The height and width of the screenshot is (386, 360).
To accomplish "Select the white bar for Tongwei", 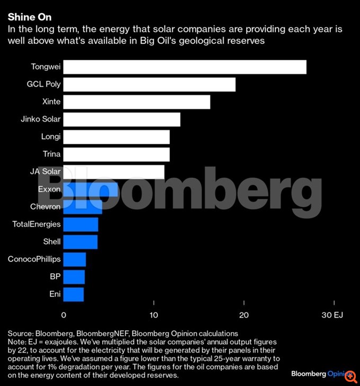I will (x=184, y=67).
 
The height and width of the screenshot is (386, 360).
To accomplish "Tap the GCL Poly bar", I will (x=149, y=85).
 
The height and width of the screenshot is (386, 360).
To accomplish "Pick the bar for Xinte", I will (x=137, y=102).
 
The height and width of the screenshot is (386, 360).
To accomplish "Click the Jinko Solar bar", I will (x=122, y=120).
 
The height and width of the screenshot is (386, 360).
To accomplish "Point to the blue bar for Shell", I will (x=80, y=242).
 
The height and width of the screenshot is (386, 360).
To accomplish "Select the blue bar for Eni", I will (x=73, y=294).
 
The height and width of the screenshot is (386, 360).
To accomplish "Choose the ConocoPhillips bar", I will (x=74, y=259).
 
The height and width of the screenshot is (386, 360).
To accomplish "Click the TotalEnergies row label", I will (x=37, y=224).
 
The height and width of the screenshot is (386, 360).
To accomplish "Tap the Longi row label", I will (x=51, y=137).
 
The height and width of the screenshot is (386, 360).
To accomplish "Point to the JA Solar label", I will (x=46, y=172).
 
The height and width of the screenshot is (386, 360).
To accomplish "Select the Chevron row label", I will (x=46, y=207).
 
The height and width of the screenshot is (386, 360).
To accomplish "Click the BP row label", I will (x=55, y=277).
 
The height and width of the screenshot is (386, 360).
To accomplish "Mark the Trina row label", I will (x=52, y=154).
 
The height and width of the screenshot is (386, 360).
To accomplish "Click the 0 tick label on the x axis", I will (x=64, y=315).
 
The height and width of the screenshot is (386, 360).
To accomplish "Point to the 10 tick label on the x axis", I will (x=154, y=315).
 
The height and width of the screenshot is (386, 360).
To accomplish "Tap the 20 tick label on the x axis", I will (x=244, y=315).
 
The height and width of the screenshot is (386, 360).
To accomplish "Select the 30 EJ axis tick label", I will (x=334, y=315).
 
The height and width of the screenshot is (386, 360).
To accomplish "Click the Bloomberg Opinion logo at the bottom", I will (x=320, y=373).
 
